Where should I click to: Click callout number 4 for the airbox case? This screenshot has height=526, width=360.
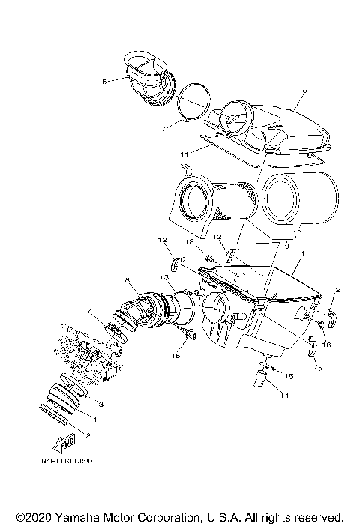(300, 254)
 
